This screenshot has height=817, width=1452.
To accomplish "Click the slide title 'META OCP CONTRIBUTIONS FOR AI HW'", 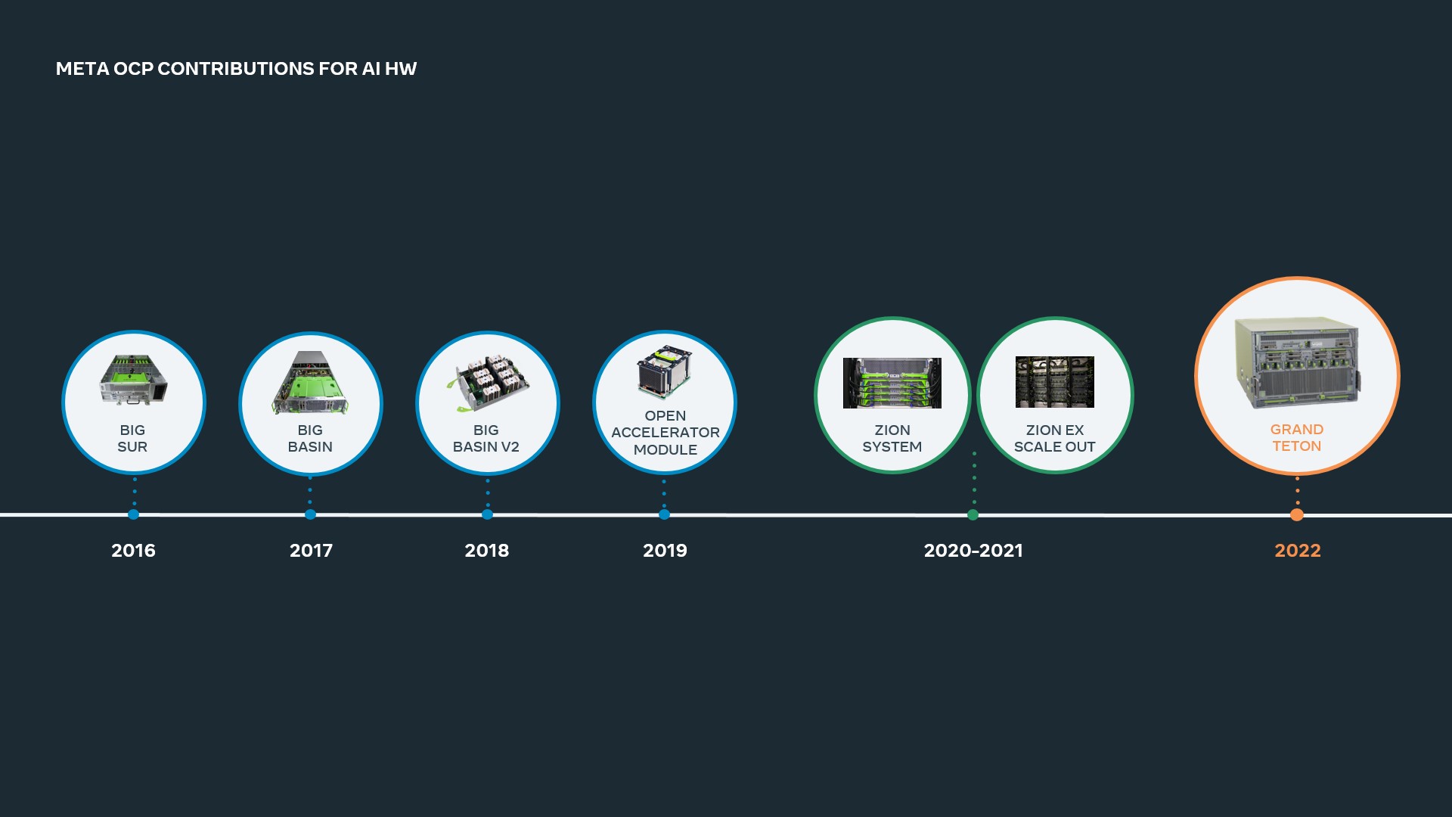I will (x=236, y=69).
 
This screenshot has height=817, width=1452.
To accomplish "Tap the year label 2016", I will (x=133, y=551).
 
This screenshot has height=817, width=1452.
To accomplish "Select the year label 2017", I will (x=311, y=551).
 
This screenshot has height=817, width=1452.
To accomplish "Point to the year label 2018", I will (x=486, y=551).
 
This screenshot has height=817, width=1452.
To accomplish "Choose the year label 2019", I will (x=665, y=551).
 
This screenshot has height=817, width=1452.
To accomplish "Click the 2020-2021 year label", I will (x=973, y=551).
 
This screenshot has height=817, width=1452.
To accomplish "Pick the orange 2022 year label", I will (x=1297, y=551).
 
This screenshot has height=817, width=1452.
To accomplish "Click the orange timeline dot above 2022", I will (x=1296, y=515).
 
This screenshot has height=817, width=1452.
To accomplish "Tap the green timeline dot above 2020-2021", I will (x=973, y=515).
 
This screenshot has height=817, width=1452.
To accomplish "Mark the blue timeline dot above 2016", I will (x=134, y=514).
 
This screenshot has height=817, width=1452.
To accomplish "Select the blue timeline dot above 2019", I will (x=664, y=514).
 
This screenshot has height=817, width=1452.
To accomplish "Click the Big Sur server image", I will (x=133, y=380).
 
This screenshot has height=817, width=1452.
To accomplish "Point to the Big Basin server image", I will (x=310, y=383).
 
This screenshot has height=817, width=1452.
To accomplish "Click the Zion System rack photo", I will (x=892, y=383).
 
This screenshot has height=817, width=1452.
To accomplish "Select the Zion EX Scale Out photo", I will (x=1054, y=382).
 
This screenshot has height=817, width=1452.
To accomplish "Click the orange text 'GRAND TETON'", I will (x=1296, y=438).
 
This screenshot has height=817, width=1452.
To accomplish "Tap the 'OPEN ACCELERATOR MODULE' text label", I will (x=665, y=433).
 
